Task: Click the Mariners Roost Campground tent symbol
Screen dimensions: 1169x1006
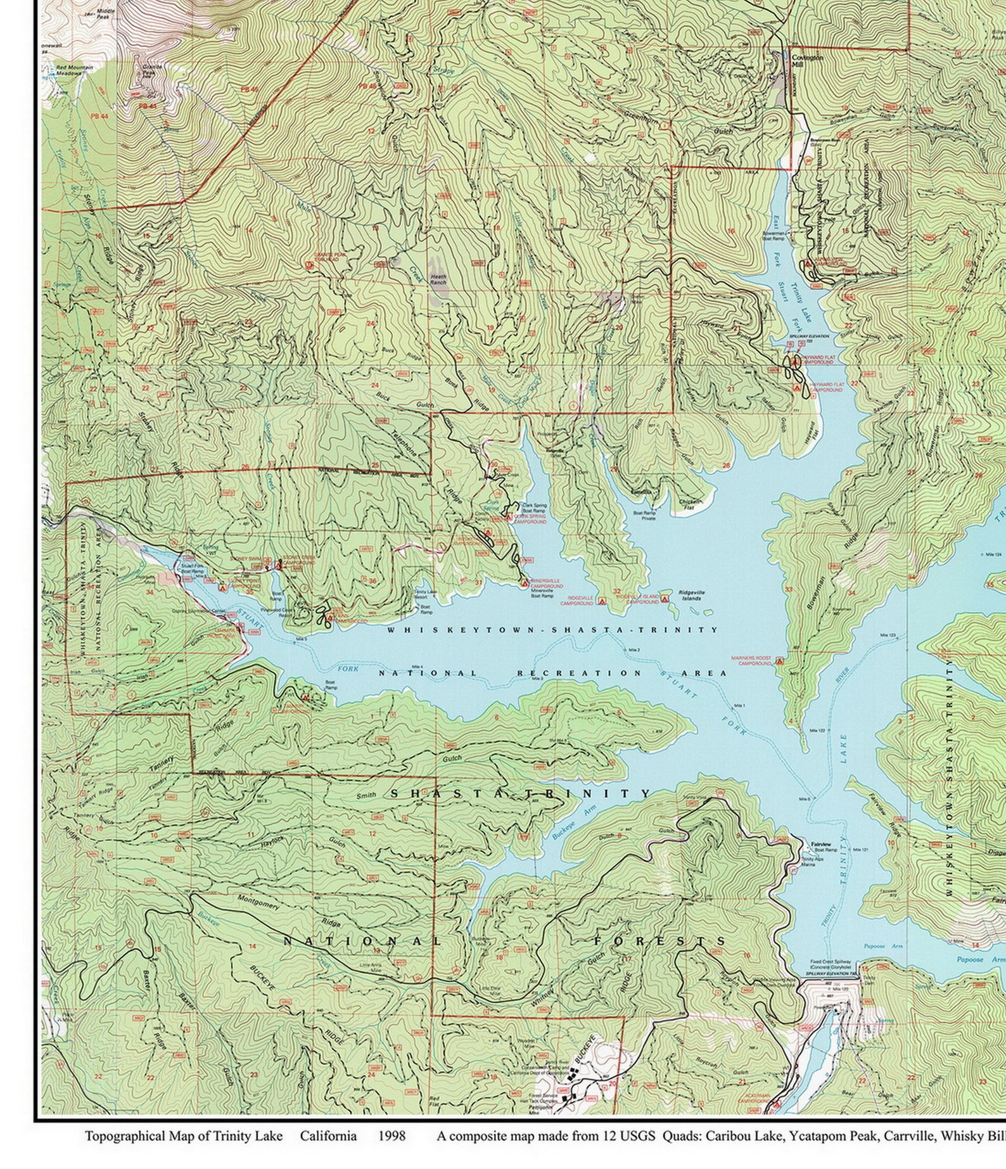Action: coord(780,661)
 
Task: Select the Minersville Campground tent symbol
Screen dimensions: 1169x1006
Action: coord(525,583)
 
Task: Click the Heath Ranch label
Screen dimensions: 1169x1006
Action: coord(438,279)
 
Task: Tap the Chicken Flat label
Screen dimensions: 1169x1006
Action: coord(691,504)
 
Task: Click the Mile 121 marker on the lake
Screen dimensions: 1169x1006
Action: coord(860,849)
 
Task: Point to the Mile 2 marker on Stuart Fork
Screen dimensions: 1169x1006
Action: coord(634,650)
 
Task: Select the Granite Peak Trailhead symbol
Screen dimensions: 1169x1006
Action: coord(310,266)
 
